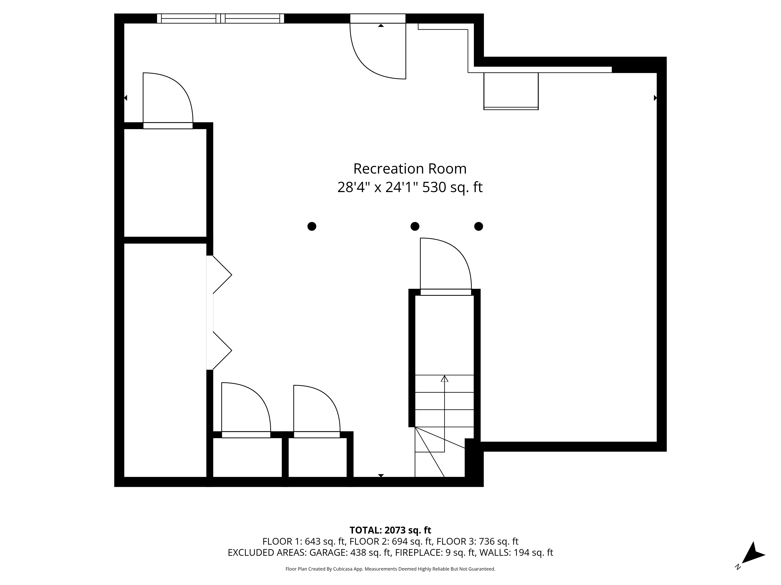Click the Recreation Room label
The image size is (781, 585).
(x=410, y=169)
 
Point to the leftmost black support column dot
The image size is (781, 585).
(x=312, y=226)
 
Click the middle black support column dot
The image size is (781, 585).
(x=415, y=226)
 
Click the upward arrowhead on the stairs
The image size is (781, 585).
(x=445, y=379)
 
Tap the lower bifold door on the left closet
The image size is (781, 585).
(x=221, y=350)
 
